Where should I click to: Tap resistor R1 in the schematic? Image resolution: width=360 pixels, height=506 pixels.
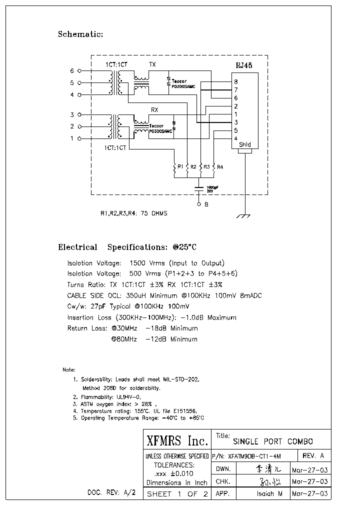tap(174, 170)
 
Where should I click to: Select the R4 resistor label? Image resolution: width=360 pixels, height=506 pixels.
tap(220, 166)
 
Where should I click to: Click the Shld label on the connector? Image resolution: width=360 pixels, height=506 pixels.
tap(245, 145)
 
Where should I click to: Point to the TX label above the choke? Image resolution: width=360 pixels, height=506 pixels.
tap(152, 65)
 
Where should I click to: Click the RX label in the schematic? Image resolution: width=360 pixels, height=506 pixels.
tap(154, 109)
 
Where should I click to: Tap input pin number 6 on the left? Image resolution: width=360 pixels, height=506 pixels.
tap(71, 71)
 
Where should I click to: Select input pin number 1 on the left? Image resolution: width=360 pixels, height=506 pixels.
tap(71, 138)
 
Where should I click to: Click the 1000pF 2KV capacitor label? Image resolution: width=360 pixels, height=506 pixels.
tap(212, 188)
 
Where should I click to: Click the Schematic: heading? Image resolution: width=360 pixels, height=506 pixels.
tap(80, 34)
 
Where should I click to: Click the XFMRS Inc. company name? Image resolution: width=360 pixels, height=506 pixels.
tap(177, 441)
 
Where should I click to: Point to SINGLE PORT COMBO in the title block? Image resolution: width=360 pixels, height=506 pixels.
tap(273, 441)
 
